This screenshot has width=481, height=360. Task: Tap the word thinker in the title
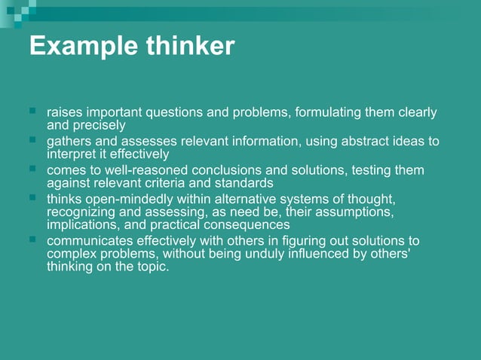pos(185,47)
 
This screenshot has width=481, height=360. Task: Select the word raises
pos(64,113)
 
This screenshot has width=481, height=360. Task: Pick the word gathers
pos(68,142)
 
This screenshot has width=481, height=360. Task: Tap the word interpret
pos(72,154)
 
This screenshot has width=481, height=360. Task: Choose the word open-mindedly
pos(121,199)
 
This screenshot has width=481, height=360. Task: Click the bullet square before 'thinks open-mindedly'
pos(33,198)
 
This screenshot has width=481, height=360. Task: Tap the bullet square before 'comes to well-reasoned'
pos(33,169)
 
